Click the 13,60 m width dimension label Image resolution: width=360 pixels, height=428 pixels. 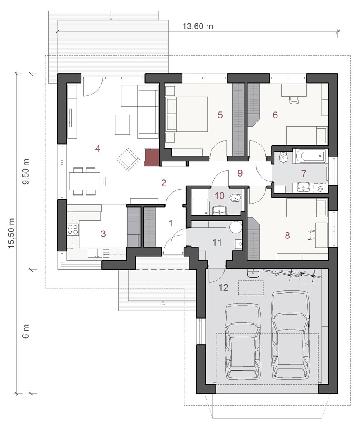[x=198, y=26]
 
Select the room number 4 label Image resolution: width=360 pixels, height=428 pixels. [x=98, y=149]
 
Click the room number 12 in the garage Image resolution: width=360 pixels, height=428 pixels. [x=223, y=288]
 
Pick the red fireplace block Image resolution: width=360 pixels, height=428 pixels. [x=151, y=157]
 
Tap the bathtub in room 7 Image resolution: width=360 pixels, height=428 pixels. [x=310, y=156]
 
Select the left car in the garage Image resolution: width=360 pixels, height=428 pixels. [x=243, y=342]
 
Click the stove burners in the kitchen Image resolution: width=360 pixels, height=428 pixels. [x=73, y=229]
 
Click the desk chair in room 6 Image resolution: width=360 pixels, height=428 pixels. [x=294, y=100]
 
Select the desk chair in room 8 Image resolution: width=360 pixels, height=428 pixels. [x=311, y=235]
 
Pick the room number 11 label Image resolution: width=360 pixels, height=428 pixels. [x=217, y=242]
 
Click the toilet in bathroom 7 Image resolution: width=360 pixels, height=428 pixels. [x=283, y=158]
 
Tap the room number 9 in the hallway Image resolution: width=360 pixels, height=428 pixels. [x=240, y=173]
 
